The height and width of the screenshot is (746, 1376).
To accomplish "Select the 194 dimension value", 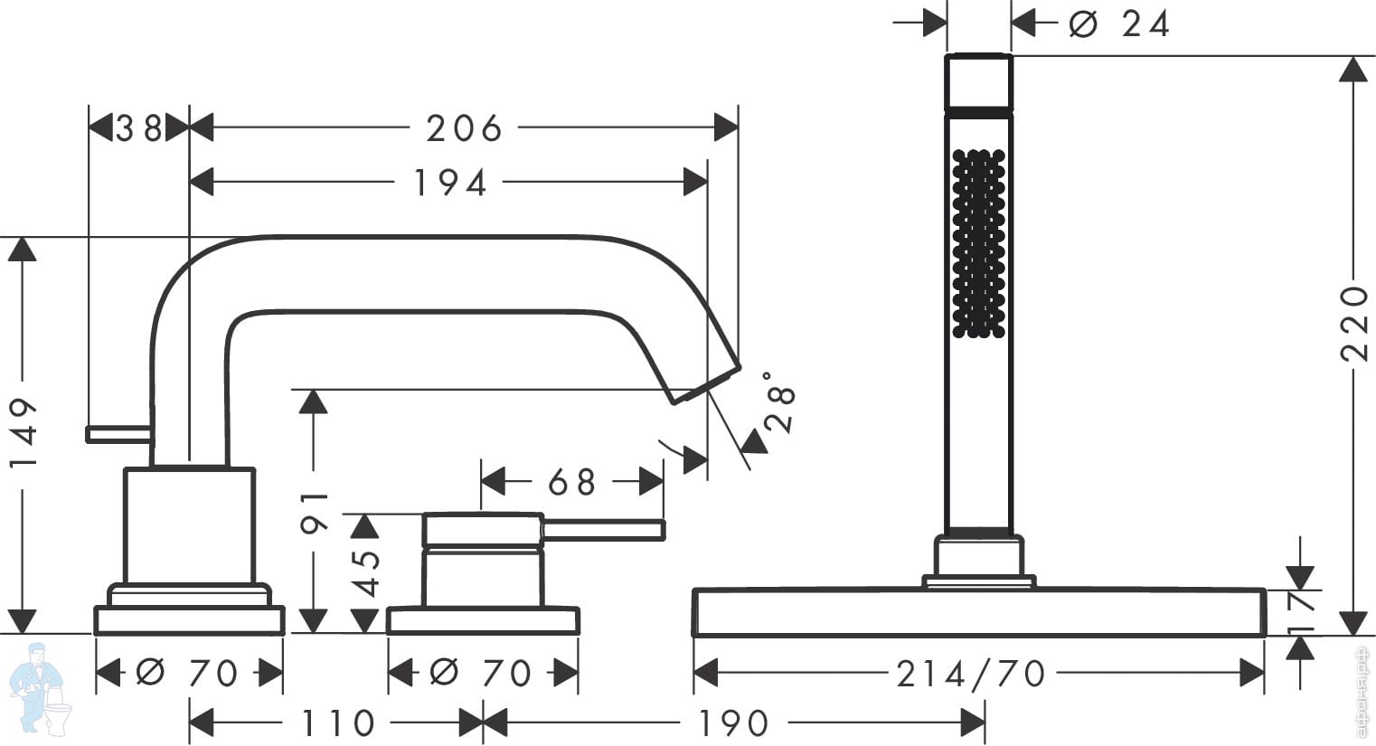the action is [450, 183].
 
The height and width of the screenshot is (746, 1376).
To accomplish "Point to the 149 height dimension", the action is [24, 432].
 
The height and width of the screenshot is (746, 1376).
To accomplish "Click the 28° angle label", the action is [779, 402].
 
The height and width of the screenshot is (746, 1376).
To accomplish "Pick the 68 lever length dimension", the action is [572, 482].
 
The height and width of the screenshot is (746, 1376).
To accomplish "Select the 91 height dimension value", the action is [315, 512].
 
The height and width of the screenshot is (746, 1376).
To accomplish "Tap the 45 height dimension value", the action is [367, 573].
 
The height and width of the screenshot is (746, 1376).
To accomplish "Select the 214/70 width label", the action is [971, 674].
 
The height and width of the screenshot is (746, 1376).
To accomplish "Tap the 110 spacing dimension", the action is [338, 723].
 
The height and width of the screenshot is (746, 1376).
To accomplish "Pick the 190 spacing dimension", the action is [733, 723].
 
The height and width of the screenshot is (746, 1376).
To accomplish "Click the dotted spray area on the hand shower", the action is [978, 243].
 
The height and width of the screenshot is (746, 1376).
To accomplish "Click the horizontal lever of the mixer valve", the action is [603, 530].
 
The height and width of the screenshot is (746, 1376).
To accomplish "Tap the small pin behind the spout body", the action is [118, 434].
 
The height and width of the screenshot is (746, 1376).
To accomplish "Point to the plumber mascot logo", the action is [41, 688].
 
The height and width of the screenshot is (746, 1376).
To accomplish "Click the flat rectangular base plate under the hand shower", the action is [979, 612].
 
